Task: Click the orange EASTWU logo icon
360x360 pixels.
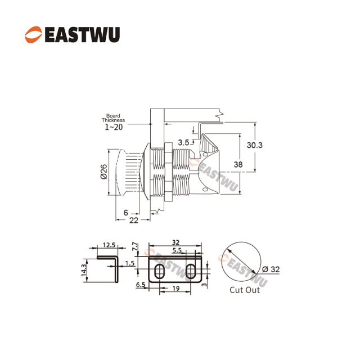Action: (33, 35)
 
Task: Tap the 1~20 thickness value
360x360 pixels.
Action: (114, 127)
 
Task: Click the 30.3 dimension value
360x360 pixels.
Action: (255, 145)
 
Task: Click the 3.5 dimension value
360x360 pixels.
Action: (183, 143)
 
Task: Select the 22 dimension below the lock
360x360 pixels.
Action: (134, 220)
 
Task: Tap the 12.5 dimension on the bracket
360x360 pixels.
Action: (109, 245)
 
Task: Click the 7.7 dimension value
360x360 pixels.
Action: (134, 247)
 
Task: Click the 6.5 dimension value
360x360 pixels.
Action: (141, 285)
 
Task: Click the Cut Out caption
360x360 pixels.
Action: (245, 290)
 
